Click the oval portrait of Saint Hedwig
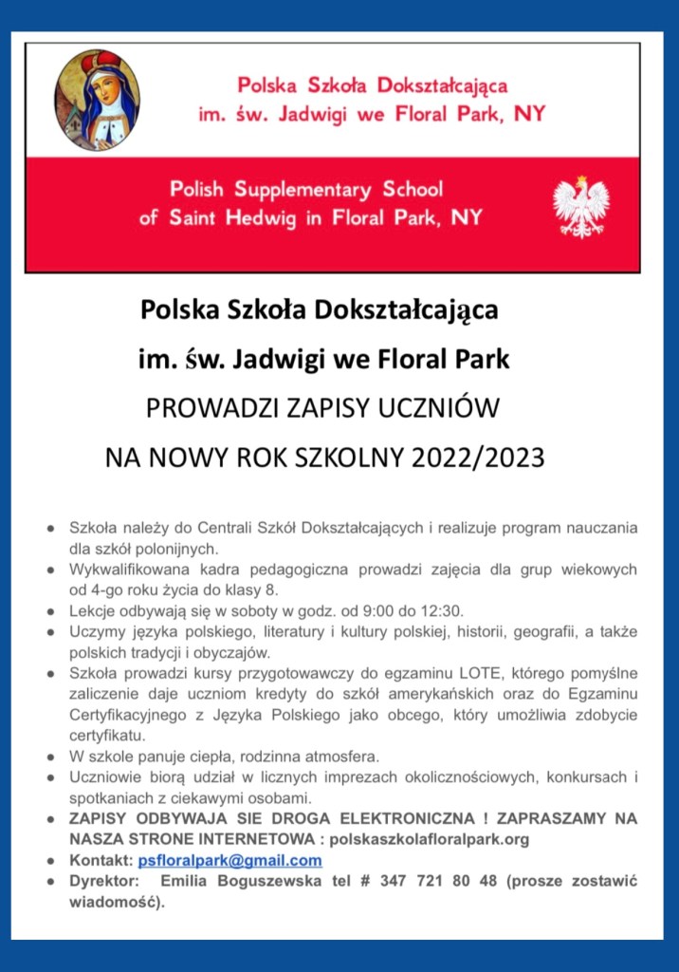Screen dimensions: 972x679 pyautogui.click(x=98, y=100)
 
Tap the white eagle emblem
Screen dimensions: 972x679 pyautogui.click(x=580, y=205)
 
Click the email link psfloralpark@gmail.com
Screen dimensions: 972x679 pyautogui.click(x=229, y=861)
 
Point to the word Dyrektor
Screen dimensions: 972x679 pyautogui.click(x=104, y=882)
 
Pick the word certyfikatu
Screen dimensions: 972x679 pyautogui.click(x=108, y=736)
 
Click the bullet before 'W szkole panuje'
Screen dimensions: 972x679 pyautogui.click(x=49, y=757)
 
